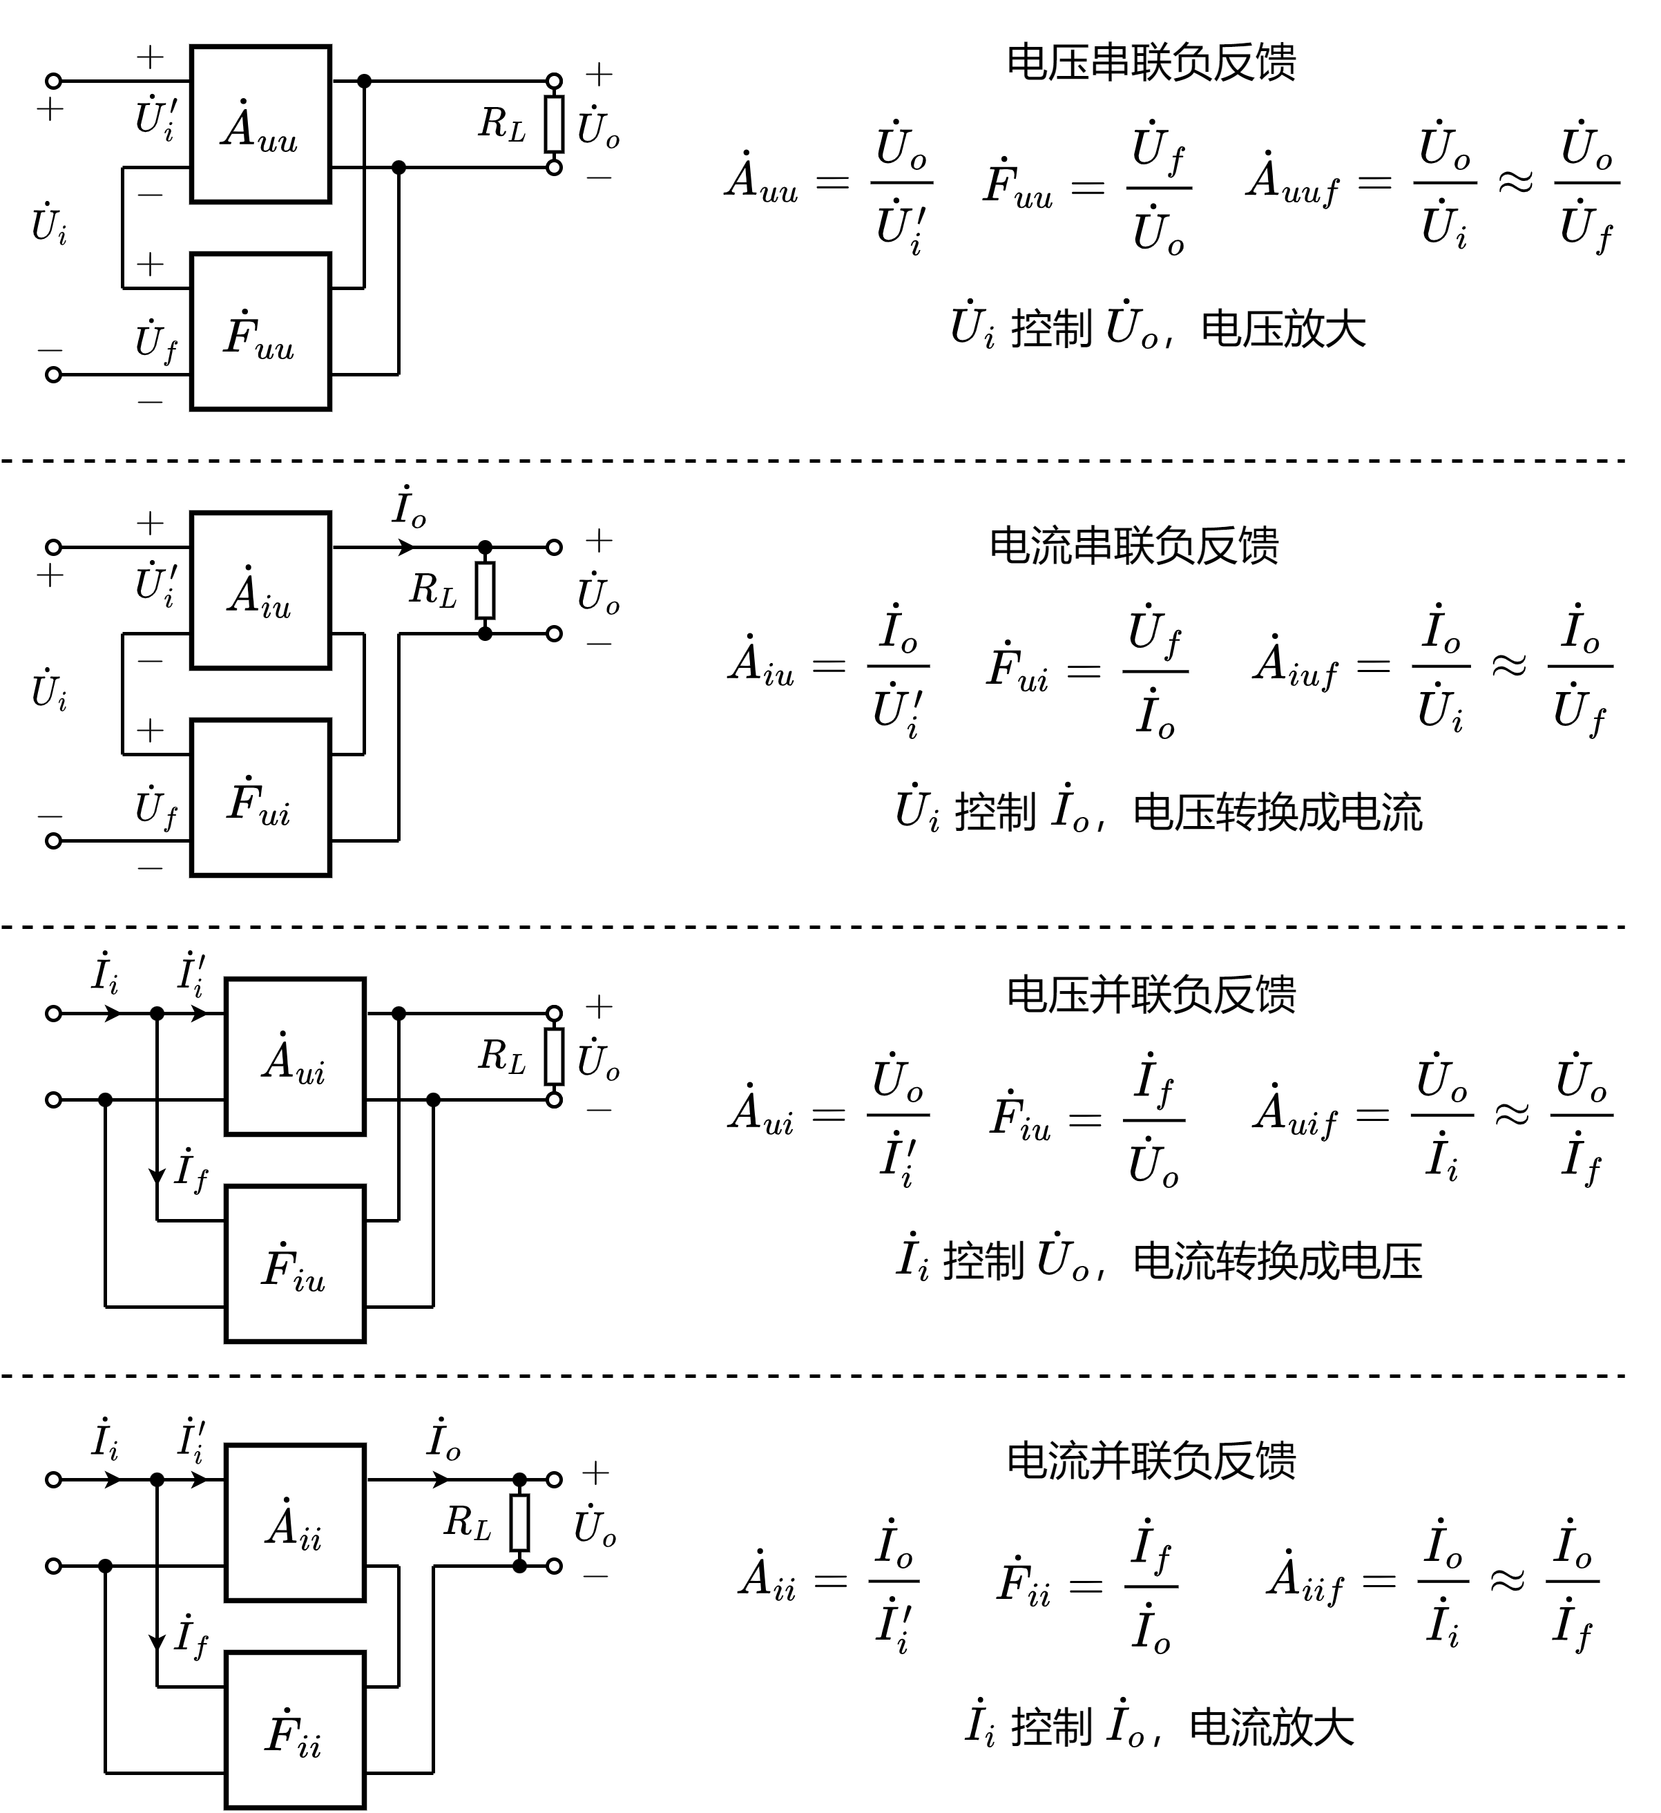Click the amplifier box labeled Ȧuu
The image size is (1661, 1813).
click(261, 124)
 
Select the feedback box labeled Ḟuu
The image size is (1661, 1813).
click(261, 332)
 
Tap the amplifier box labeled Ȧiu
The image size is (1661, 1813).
click(261, 591)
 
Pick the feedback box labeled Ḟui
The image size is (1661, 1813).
click(261, 798)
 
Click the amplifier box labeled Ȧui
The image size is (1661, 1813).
click(295, 1057)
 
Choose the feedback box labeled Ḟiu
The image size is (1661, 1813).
click(295, 1265)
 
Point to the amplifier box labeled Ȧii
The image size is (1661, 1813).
click(295, 1524)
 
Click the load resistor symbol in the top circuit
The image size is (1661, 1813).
click(554, 124)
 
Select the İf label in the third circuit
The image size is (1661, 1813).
click(191, 1171)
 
